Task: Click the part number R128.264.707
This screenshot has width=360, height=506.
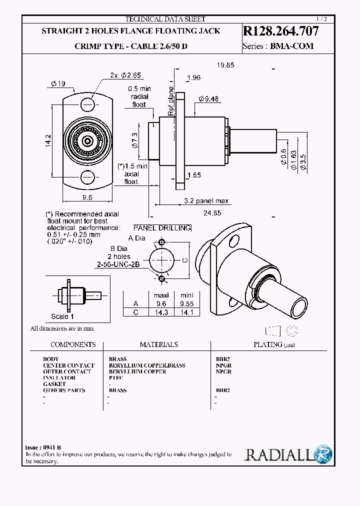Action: point(280,31)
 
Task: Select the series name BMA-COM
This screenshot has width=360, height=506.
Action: point(292,46)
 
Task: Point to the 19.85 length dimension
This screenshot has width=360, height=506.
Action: point(225,65)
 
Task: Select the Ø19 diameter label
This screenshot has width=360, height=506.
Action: point(58,83)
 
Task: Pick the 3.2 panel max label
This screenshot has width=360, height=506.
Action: point(206,201)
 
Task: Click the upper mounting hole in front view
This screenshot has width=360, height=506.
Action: point(88,104)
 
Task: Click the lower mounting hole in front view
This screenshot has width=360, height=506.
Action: point(88,177)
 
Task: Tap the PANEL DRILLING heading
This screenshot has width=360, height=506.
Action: point(162,228)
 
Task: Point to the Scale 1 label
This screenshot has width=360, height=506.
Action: point(62,316)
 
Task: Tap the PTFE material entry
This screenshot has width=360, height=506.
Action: point(115,377)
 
